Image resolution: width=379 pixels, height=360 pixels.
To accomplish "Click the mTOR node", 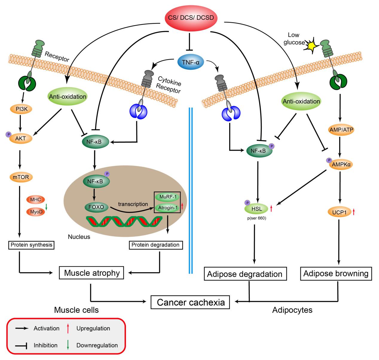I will pos(19,177).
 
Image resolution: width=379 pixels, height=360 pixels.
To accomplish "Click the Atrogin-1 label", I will pos(167,208).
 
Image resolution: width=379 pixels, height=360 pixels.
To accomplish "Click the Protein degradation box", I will pos(156,245).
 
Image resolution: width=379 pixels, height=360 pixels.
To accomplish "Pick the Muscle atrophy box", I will pos(92,273).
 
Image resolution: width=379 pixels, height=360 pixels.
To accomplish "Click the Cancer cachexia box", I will pos(191,302).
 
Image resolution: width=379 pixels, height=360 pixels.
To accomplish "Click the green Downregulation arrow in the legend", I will pos(68,345).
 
